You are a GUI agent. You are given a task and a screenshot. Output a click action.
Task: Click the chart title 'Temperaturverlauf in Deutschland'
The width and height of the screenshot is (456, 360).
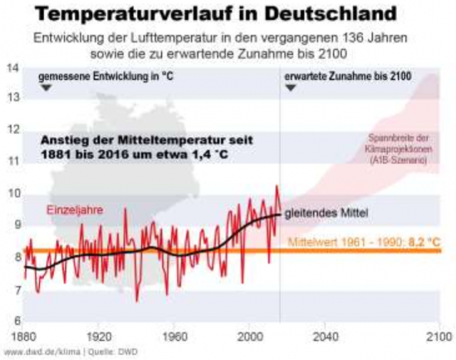tap(227, 14)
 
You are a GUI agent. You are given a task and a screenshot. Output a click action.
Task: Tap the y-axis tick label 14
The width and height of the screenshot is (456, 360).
tap(13, 68)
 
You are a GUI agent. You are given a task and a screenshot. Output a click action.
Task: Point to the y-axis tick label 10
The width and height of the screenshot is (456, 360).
tap(13, 192)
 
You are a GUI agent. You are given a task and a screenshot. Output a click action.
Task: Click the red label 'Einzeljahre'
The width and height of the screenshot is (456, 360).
tap(75, 210)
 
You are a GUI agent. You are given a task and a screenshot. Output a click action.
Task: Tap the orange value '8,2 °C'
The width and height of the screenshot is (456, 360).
tap(424, 242)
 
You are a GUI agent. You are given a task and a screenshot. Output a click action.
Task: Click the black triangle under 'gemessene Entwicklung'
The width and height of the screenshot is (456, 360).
tap(46, 87)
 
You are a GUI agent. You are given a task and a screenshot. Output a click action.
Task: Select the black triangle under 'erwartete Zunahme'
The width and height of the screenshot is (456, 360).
tap(291, 87)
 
